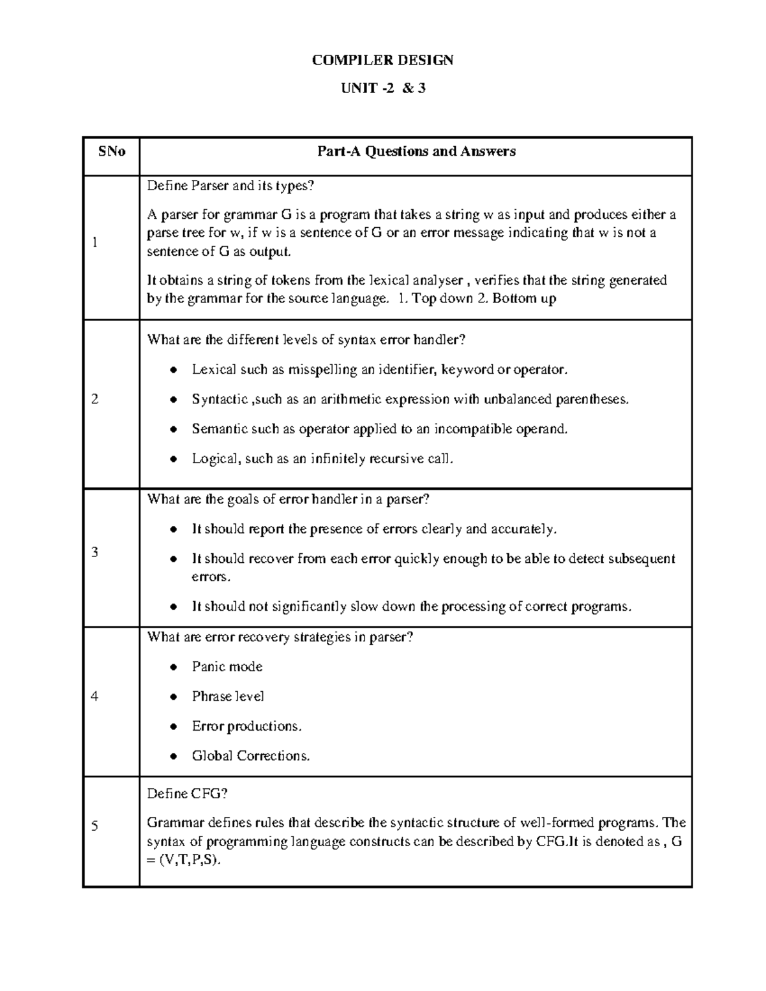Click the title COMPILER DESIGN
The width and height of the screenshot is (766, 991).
(382, 61)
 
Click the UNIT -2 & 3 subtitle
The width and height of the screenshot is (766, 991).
(382, 89)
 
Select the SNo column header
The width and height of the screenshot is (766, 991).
(111, 152)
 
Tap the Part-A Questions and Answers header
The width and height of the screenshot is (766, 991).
(416, 152)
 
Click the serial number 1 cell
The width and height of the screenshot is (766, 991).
(94, 242)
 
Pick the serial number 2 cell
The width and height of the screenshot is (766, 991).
(94, 399)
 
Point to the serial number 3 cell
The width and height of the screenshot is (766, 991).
(94, 553)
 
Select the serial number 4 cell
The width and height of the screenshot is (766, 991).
(94, 697)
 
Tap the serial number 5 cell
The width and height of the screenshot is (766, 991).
(94, 827)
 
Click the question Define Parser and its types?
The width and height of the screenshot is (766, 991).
(231, 186)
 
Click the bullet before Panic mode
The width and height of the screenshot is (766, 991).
(174, 667)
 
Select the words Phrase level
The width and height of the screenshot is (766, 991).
(228, 697)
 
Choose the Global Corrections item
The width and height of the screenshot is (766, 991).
(251, 756)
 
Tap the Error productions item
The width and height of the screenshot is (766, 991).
(246, 727)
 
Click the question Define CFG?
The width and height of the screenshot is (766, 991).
(187, 794)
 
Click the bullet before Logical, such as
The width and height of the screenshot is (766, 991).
(174, 459)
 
